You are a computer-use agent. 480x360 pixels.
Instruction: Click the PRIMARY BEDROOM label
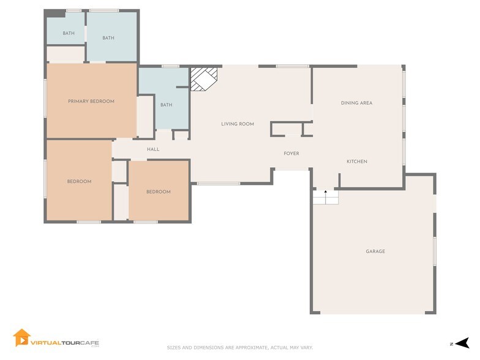(91, 101)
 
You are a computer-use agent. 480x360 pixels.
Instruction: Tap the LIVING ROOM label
(238, 124)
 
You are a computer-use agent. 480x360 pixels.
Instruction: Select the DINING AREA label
(356, 103)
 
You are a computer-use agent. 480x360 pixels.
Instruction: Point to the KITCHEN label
(357, 162)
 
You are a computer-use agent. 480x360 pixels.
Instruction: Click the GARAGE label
(375, 251)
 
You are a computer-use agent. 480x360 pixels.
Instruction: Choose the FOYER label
(291, 153)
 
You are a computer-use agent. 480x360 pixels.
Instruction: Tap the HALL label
(153, 149)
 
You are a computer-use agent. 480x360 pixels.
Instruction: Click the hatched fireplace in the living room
(203, 79)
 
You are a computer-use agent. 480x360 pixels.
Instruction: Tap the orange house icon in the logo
(22, 338)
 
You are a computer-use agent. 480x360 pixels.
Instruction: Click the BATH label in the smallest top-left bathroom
(69, 33)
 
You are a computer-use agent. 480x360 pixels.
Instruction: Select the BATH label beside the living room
(166, 105)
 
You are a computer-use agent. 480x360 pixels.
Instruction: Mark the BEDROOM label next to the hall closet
(158, 192)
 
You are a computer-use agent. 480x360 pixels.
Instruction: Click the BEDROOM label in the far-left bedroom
(79, 181)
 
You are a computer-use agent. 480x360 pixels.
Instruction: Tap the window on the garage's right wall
(435, 251)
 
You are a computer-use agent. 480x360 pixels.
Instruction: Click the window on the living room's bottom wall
(219, 183)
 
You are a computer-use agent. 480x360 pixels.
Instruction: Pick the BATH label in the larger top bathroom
(108, 38)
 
